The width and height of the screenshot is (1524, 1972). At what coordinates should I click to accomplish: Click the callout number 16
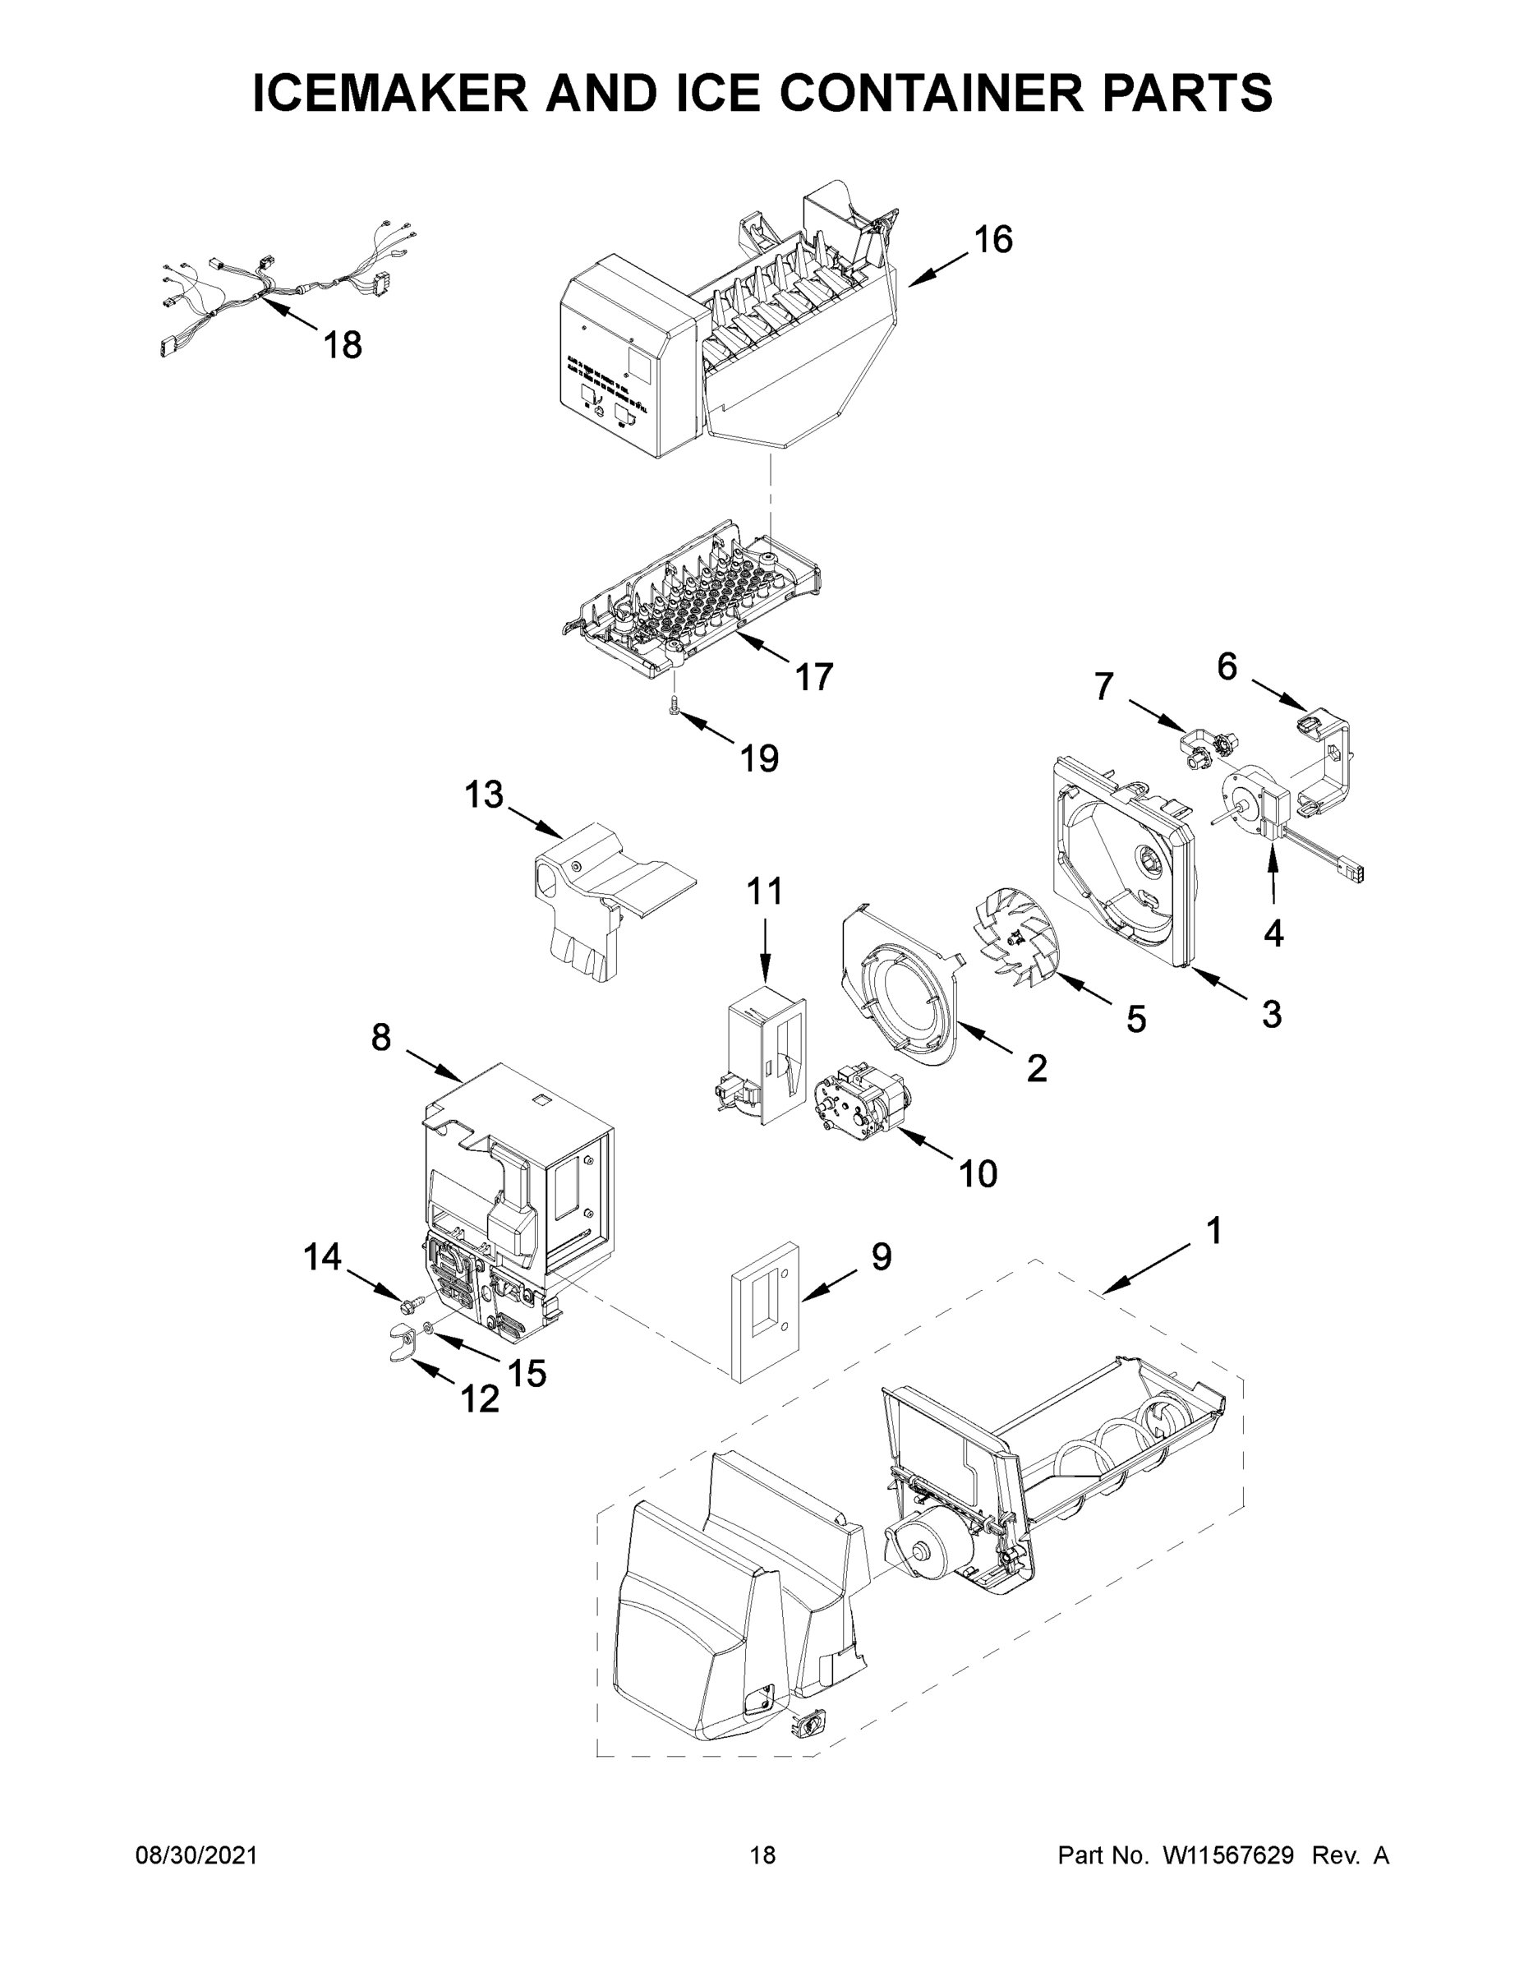click(992, 240)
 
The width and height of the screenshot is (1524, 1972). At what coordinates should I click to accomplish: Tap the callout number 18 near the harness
click(343, 345)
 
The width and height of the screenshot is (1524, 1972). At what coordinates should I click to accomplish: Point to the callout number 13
click(483, 795)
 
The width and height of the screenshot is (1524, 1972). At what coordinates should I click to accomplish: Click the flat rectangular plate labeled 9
click(764, 1322)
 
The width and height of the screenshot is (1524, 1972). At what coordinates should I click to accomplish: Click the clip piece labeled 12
click(398, 1345)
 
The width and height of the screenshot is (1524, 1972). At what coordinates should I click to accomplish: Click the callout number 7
click(1103, 686)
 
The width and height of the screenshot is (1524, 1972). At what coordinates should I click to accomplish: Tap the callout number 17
click(813, 676)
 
